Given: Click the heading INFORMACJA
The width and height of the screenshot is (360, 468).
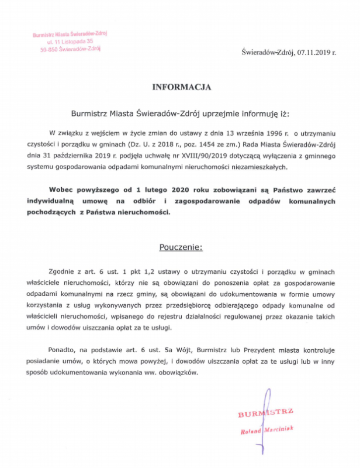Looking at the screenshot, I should click(x=181, y=87).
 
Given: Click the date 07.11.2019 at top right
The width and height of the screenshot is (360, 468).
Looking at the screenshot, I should click(x=314, y=53).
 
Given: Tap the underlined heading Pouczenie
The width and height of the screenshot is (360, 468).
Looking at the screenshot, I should click(x=181, y=247).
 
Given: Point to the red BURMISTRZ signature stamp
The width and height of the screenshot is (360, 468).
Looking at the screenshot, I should click(x=266, y=414).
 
